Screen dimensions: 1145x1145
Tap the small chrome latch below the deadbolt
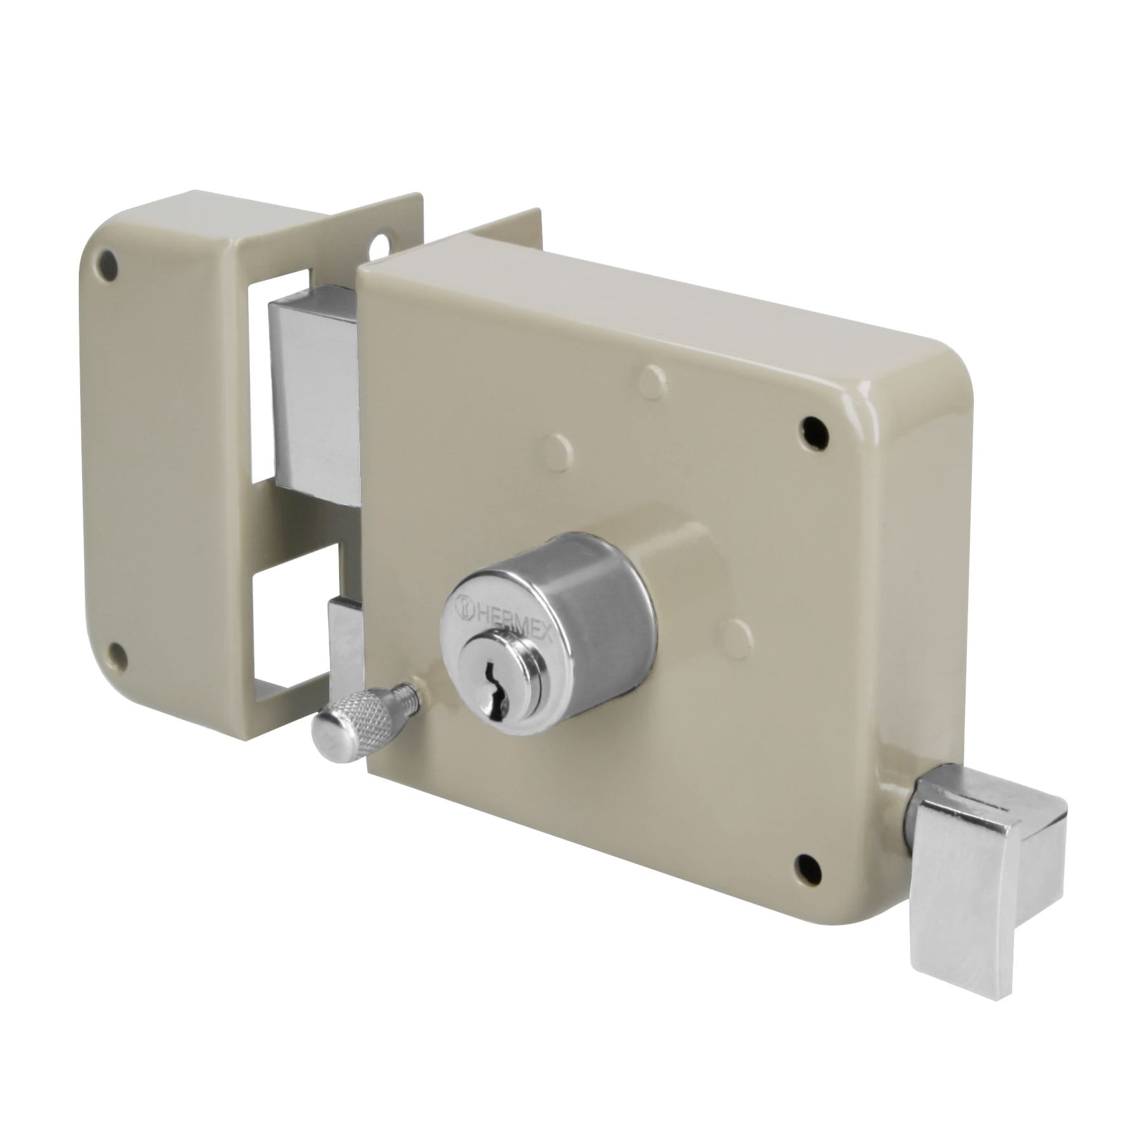click(344, 642)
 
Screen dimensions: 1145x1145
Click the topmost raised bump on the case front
click(653, 377)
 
